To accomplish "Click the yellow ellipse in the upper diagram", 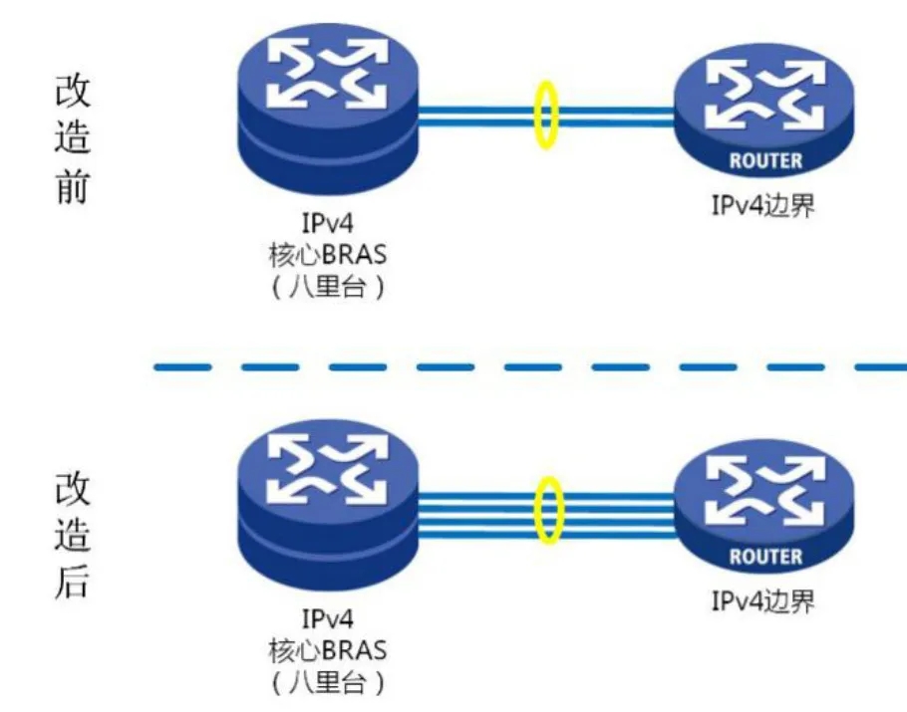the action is tap(535, 115).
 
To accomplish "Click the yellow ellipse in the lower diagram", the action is tap(537, 510).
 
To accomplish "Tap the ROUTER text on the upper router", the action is tap(765, 160).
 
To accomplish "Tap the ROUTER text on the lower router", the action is tap(765, 557).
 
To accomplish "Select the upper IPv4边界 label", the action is tap(762, 204).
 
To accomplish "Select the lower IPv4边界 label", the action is tap(762, 601).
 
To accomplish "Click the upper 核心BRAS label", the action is tap(327, 254).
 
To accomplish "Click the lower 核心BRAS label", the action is tap(327, 650).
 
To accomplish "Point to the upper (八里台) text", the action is tap(327, 287).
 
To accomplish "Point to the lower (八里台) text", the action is tap(327, 683).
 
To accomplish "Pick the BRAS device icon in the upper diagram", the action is tap(328, 109).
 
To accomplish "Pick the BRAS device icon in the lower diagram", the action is tap(328, 505).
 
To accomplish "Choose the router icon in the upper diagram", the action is tap(764, 111).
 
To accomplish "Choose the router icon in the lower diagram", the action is tap(764, 506).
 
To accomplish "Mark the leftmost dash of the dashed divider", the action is tap(182, 367).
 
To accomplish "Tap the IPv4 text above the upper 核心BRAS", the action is tap(327, 223).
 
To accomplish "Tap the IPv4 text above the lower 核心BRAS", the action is tap(327, 619).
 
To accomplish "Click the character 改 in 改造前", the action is tap(73, 91).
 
